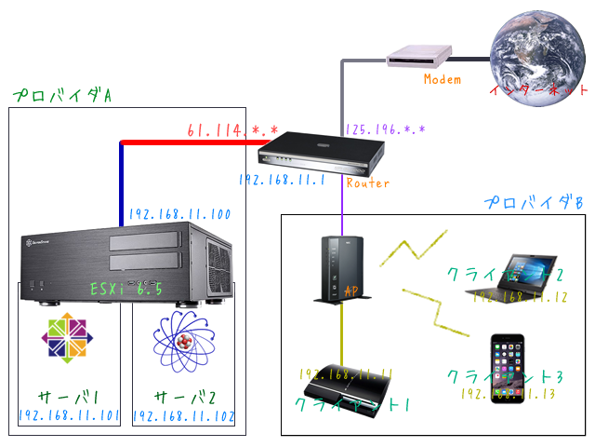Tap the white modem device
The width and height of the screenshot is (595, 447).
[420, 57]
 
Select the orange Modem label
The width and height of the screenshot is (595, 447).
[442, 79]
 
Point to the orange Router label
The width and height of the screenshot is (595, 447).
[367, 183]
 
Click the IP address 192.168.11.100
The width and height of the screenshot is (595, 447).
[179, 213]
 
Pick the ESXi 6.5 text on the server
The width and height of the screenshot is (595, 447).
[126, 290]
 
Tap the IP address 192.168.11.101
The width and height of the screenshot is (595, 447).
[69, 416]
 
